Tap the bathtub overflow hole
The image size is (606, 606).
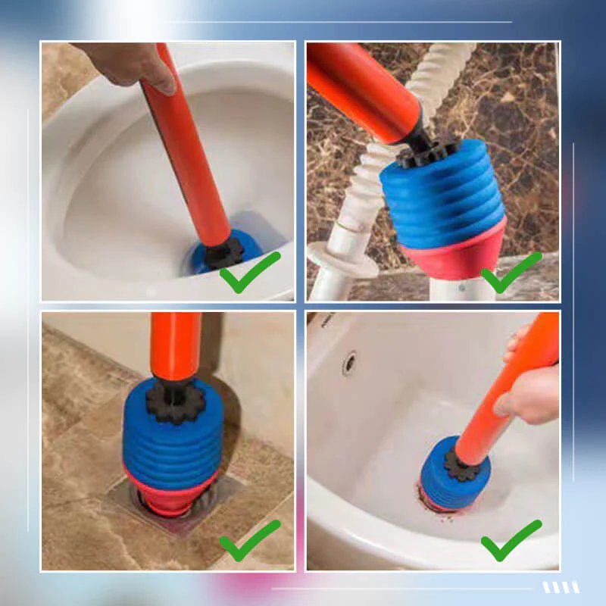[349, 363]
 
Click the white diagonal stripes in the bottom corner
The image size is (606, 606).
[561, 587]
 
